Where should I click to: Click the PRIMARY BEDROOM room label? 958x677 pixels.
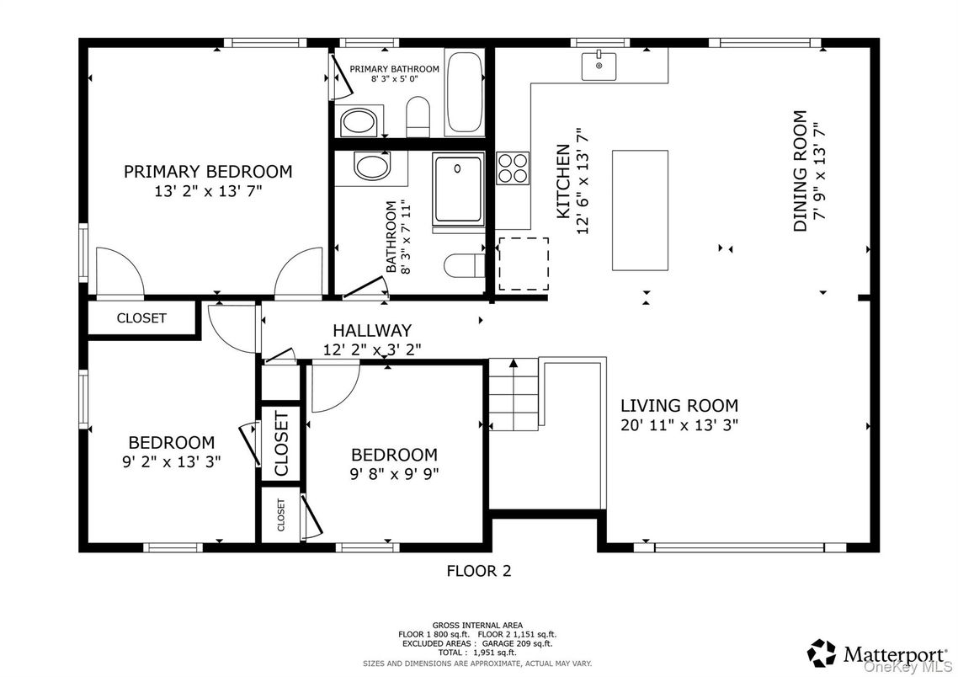click(207, 172)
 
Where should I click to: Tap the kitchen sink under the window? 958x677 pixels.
click(599, 65)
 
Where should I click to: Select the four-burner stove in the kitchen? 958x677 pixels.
click(512, 168)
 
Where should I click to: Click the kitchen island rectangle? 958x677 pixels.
click(639, 211)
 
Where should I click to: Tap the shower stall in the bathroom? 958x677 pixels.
click(458, 190)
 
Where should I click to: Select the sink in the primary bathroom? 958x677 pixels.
click(360, 122)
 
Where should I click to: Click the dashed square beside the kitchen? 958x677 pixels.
click(523, 264)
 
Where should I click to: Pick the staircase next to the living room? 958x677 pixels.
click(514, 393)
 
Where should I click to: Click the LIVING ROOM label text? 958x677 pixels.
click(679, 405)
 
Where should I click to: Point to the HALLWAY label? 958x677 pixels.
click(371, 330)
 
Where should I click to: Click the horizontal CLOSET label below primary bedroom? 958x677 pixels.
click(141, 318)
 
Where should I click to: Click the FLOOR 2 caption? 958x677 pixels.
click(478, 571)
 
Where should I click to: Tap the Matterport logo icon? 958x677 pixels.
click(822, 653)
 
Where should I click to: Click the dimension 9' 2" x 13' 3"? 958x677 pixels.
click(171, 461)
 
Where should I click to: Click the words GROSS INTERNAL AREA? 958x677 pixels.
click(476, 626)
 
